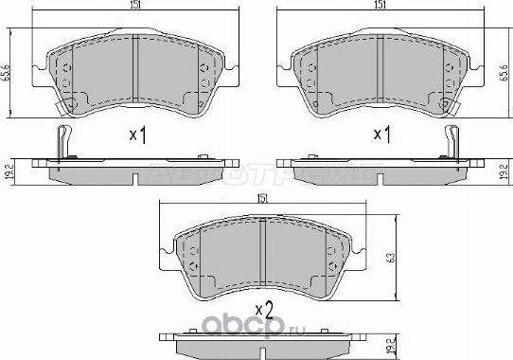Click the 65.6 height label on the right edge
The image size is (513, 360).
click(x=506, y=69)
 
